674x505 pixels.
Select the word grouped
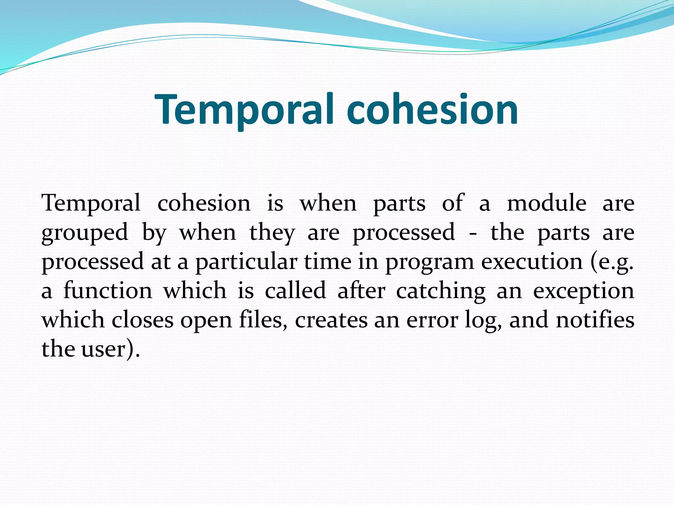tap(85, 233)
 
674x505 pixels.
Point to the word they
tap(272, 233)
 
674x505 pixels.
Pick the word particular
tap(246, 262)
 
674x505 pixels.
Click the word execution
tap(532, 262)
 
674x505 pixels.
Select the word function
tap(108, 291)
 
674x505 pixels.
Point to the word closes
tap(143, 320)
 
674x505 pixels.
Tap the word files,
tap(263, 320)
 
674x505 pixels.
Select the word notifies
tap(595, 320)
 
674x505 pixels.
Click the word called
tap(295, 291)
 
